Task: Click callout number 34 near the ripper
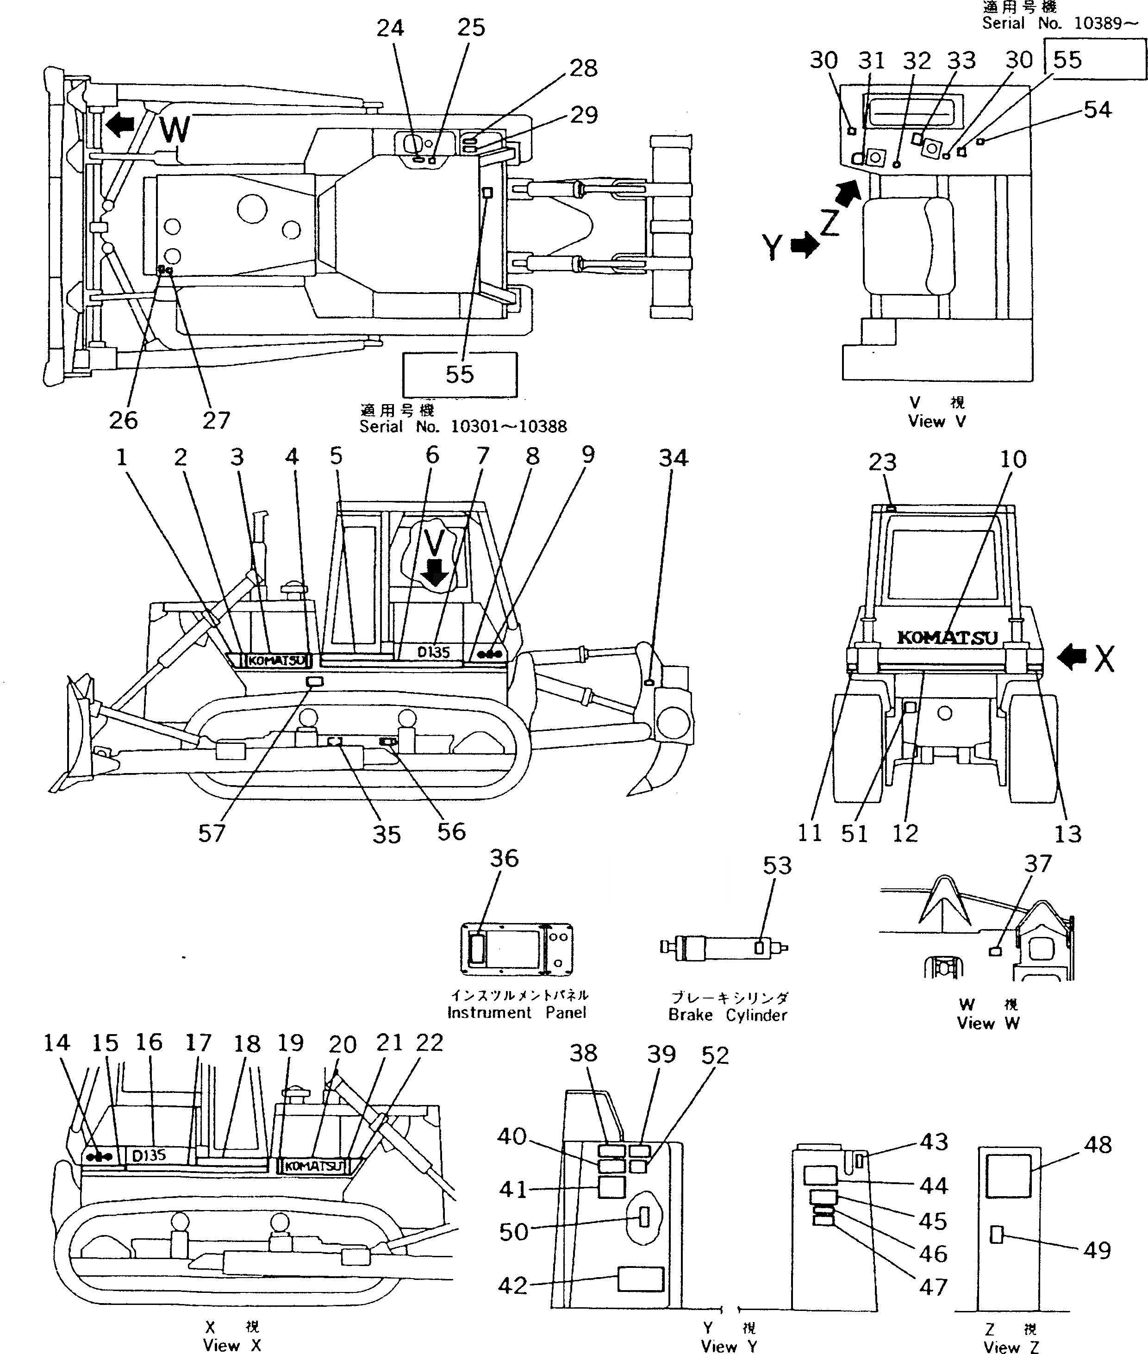pyautogui.click(x=673, y=458)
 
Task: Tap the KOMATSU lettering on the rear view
pyautogui.click(x=947, y=637)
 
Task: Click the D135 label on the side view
pyautogui.click(x=433, y=652)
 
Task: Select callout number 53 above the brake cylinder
pyautogui.click(x=777, y=865)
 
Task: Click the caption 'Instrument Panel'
pyautogui.click(x=516, y=1012)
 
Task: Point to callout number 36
pyautogui.click(x=505, y=858)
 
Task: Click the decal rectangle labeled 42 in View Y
pyautogui.click(x=641, y=1279)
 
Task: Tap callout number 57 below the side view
pyautogui.click(x=212, y=833)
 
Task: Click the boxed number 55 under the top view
pyautogui.click(x=460, y=374)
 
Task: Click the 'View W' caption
pyautogui.click(x=987, y=1023)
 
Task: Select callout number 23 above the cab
pyautogui.click(x=882, y=462)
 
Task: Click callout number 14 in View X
pyautogui.click(x=56, y=1043)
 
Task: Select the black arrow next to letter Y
pyautogui.click(x=805, y=246)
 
